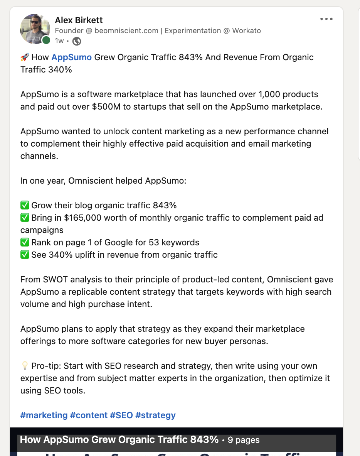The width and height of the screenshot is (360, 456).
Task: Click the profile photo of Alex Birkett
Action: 35,29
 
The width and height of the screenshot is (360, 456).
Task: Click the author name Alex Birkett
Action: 79,20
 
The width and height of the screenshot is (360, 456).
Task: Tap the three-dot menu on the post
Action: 326,19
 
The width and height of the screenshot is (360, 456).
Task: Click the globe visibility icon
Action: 77,41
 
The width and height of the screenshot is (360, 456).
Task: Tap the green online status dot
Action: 46,40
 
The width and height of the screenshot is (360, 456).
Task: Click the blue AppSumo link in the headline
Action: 71,57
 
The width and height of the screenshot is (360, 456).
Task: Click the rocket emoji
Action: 25,57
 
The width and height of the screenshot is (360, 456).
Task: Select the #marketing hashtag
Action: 44,415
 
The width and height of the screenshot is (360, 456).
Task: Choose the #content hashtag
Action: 89,415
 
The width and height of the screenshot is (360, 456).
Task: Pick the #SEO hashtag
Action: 121,415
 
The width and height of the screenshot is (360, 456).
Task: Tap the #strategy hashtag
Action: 155,415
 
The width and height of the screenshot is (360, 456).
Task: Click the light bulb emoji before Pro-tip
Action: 25,366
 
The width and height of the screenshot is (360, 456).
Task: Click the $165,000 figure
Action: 83,218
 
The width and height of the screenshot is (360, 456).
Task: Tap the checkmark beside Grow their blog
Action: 25,205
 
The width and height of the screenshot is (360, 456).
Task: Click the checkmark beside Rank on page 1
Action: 25,242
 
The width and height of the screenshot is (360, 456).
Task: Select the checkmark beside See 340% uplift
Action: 25,255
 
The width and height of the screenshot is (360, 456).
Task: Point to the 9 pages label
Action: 244,440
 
